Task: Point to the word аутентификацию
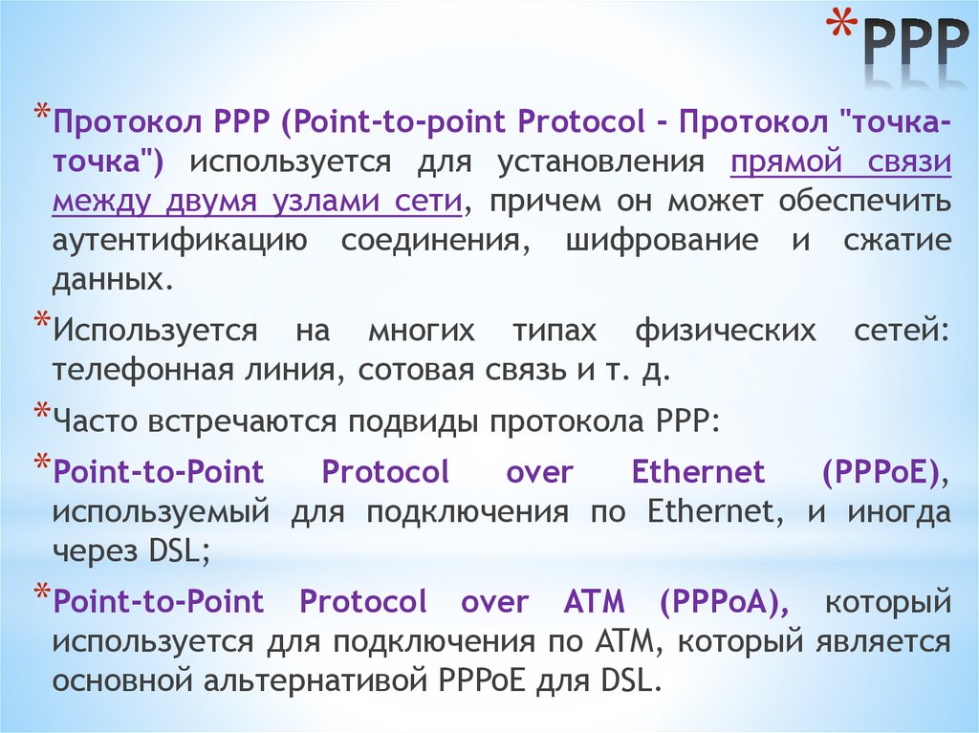pyautogui.click(x=180, y=241)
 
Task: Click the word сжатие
pyautogui.click(x=897, y=241)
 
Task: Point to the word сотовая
pyautogui.click(x=421, y=371)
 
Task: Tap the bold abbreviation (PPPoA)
pyautogui.click(x=724, y=603)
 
